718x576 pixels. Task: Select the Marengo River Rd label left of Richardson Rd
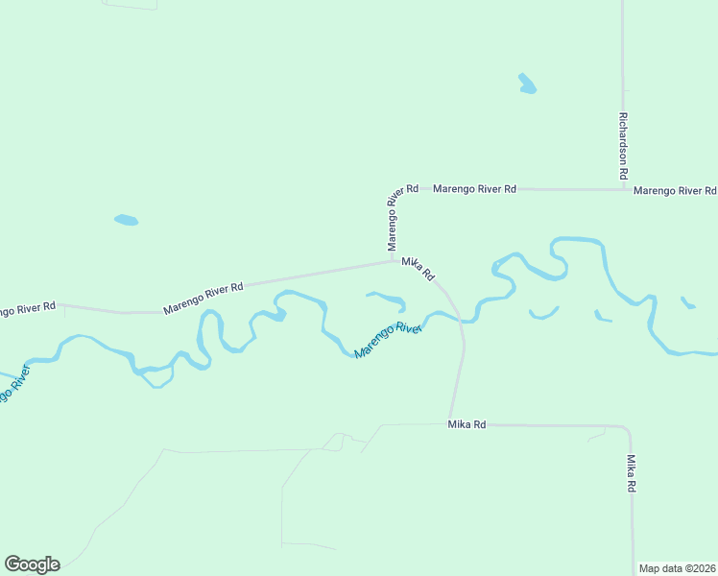(474, 189)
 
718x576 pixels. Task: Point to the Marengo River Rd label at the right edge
(675, 191)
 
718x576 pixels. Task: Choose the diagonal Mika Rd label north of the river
(418, 268)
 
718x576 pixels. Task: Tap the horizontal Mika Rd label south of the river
(467, 424)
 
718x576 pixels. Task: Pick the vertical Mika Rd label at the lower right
(631, 474)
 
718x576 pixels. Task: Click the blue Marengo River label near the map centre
(388, 341)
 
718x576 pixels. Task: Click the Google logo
(32, 564)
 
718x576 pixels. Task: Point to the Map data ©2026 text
(676, 568)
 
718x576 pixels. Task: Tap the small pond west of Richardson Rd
(527, 84)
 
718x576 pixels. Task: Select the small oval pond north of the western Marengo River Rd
(126, 220)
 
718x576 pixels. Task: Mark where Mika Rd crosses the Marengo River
(461, 320)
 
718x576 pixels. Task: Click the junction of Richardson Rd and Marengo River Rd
(622, 189)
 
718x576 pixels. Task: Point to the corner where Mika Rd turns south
(626, 427)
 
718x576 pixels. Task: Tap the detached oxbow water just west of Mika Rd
(388, 300)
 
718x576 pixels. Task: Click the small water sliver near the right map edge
(687, 303)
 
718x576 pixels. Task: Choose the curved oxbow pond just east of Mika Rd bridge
(543, 313)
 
